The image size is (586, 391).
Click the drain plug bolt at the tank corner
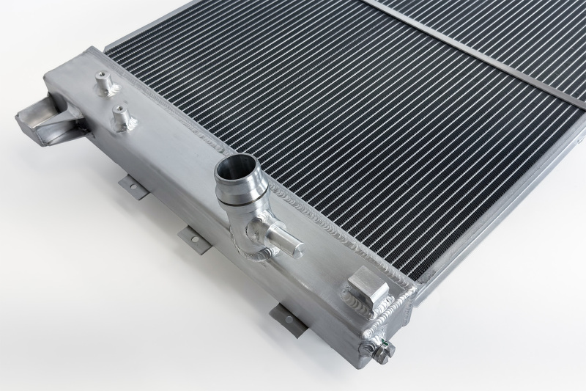pos(382,351)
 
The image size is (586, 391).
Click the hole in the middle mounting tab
pos(196,241)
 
